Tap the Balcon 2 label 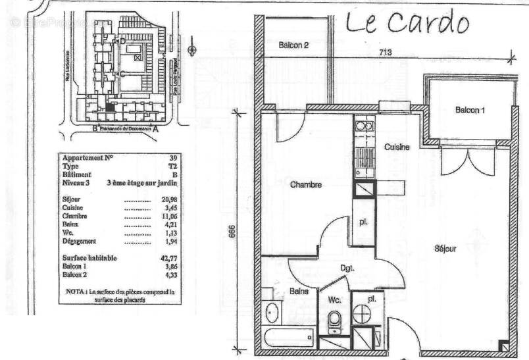click(x=293, y=45)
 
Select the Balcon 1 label click(x=470, y=110)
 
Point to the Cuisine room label click(x=397, y=147)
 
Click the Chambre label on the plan click(x=306, y=185)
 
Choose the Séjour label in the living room click(x=445, y=249)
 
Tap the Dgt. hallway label click(x=347, y=268)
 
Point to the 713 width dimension click(x=386, y=53)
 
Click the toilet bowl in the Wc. click(x=334, y=320)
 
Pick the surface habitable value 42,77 click(x=169, y=259)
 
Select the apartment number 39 click(x=173, y=158)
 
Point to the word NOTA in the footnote click(x=75, y=291)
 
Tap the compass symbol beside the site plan click(x=191, y=49)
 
